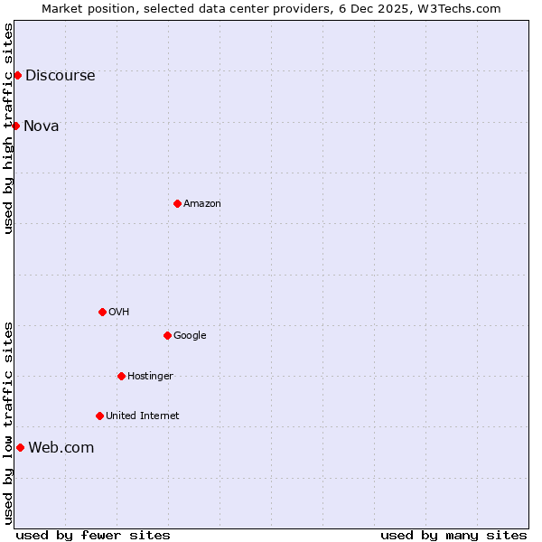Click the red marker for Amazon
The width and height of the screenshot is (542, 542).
point(177,203)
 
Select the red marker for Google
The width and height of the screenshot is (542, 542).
point(167,335)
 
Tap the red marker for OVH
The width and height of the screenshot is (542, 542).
point(102,312)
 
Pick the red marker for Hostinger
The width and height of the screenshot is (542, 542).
point(121,376)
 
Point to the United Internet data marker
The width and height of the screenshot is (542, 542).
point(99,416)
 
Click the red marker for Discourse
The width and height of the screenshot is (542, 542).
point(17,75)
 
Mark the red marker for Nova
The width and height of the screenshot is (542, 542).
point(15,126)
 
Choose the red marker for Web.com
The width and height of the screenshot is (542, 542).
point(20,447)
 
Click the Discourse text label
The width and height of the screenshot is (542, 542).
point(60,76)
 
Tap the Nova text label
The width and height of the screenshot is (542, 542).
point(42,126)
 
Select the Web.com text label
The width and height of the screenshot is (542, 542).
point(61,448)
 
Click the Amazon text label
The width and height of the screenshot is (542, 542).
point(201,204)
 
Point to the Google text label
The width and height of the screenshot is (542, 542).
point(190,336)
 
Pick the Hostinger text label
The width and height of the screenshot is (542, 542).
point(150,377)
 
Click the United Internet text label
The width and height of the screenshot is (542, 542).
point(142,416)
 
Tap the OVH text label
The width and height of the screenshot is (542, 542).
point(118,313)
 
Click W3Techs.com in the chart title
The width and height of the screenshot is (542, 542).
point(458,8)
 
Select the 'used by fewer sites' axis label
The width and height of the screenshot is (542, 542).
point(93,535)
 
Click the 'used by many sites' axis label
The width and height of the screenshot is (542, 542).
point(453,535)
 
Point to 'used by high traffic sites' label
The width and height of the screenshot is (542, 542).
point(8,127)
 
